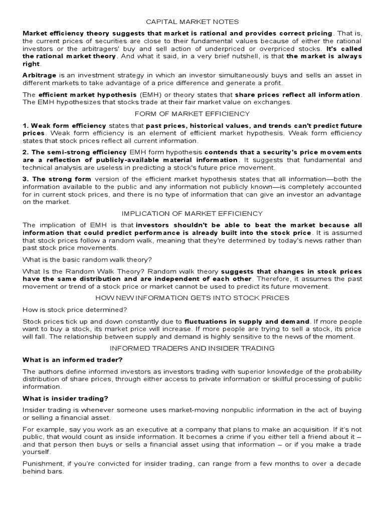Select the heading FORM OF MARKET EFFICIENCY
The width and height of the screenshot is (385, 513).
192,114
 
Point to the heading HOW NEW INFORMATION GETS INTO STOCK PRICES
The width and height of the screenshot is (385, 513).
192,298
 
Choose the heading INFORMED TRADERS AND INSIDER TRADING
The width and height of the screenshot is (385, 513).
192,348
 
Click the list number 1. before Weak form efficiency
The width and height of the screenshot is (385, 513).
26,125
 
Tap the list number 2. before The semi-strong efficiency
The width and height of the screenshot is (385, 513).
26,152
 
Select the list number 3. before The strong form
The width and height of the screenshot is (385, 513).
26,179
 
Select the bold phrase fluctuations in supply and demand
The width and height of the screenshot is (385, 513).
247,321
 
